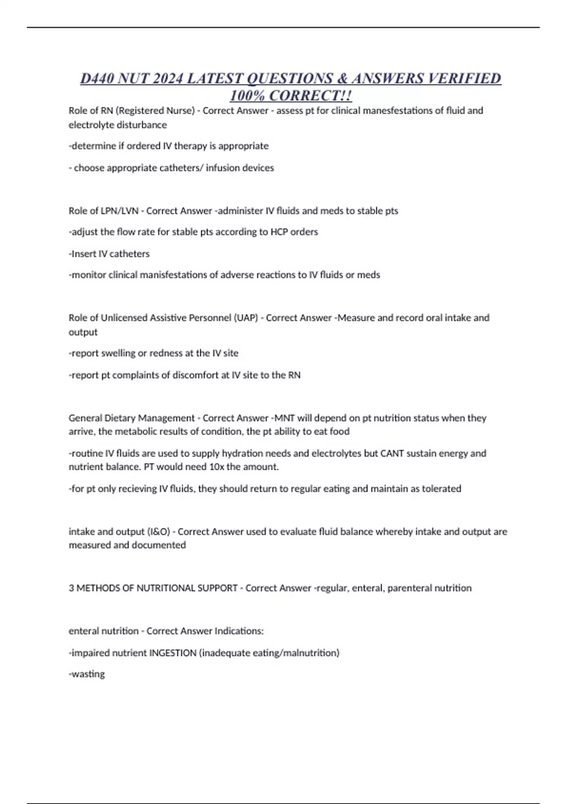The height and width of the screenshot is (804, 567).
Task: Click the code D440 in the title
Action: pos(96,78)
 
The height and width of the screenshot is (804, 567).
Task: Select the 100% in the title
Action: pos(247,96)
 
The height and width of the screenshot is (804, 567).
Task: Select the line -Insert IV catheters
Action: pos(109,253)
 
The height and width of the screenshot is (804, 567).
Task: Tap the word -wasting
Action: pos(87,674)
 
